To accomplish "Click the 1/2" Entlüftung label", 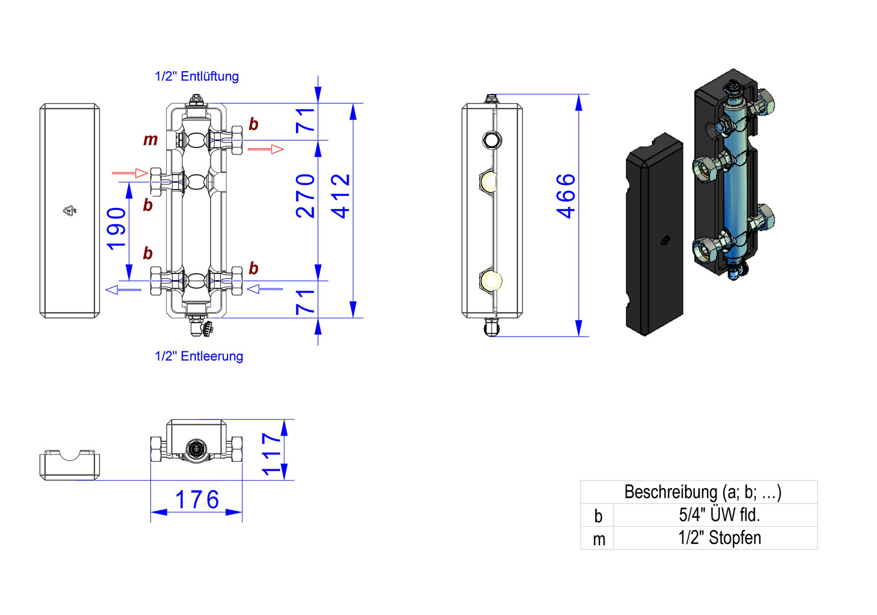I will (x=197, y=76).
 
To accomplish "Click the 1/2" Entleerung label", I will (x=199, y=356).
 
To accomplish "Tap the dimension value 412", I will (x=341, y=196).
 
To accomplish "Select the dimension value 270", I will (x=306, y=196).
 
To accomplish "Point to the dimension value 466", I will (x=566, y=196).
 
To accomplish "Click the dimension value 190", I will (x=117, y=229).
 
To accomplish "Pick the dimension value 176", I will (x=197, y=500).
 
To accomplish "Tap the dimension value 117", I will (x=271, y=453).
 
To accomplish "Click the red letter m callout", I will (x=150, y=140).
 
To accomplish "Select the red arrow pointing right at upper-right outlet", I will (x=266, y=149).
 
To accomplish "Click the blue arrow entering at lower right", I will (x=265, y=289).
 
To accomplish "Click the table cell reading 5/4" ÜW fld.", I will (x=719, y=515).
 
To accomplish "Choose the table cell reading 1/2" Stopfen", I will (x=719, y=538).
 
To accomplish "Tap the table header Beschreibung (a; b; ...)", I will (x=702, y=491).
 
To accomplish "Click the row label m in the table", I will (x=598, y=538).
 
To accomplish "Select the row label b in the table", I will (x=598, y=515).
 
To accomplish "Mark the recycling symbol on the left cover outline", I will (x=69, y=211).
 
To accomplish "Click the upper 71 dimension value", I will (x=306, y=120).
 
